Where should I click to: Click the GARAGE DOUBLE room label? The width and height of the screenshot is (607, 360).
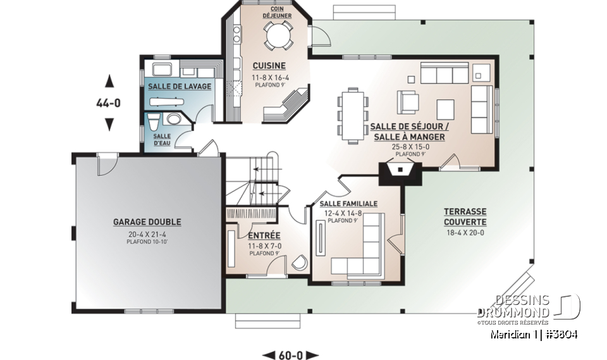147,222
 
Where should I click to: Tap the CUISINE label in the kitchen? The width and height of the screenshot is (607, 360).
269,66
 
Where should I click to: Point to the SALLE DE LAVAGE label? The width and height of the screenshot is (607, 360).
180,86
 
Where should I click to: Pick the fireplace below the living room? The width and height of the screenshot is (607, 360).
400,171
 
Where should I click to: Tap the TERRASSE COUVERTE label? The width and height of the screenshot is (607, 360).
465,217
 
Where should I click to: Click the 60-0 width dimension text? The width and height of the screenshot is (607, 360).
290,355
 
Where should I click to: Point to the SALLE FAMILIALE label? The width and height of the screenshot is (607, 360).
348,204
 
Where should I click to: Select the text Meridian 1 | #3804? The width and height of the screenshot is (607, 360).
534,334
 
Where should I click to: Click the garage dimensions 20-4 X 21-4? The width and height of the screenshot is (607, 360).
147,234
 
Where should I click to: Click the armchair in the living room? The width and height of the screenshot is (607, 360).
408,101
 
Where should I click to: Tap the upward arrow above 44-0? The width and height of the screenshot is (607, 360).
109,80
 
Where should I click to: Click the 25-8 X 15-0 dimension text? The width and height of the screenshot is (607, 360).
410,147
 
